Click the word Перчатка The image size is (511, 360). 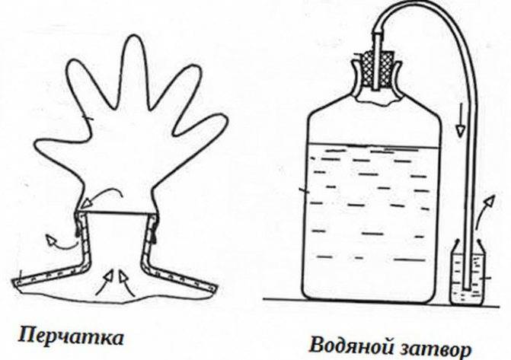tap(71, 337)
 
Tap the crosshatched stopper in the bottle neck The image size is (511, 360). tap(378, 69)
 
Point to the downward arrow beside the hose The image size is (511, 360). tap(460, 120)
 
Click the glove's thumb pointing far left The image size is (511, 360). tap(59, 149)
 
